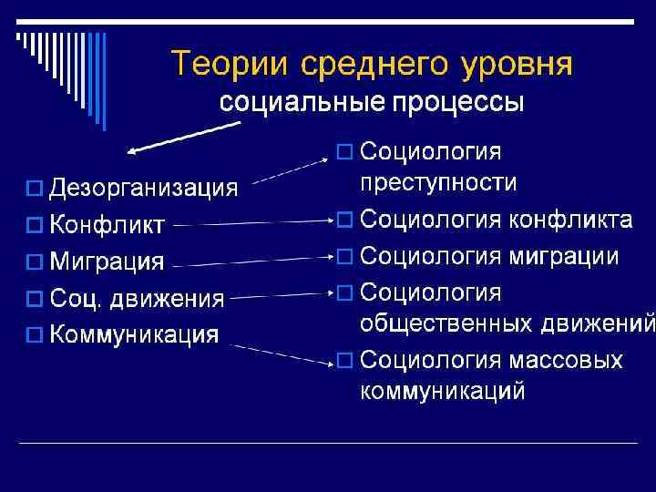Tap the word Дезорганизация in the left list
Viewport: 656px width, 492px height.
(142, 189)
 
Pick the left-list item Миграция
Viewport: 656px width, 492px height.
(107, 261)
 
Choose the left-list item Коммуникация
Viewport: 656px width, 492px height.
(133, 333)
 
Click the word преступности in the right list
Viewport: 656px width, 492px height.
(438, 182)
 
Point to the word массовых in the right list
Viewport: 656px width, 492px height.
(562, 360)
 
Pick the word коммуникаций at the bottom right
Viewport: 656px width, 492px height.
(443, 392)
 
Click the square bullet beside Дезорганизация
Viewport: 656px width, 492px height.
(34, 190)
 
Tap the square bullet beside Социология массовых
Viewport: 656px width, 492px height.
(344, 361)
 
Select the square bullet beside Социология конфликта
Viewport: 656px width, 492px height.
(344, 220)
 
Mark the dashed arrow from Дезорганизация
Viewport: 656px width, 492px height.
(290, 170)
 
